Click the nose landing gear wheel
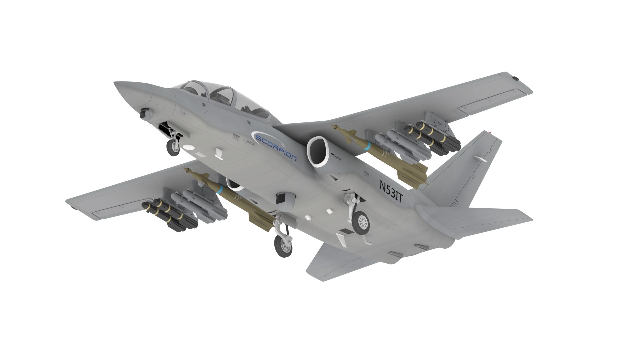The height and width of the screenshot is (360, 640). click(x=173, y=148)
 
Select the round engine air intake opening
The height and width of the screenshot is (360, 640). click(x=319, y=151)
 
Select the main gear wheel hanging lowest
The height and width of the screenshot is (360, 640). click(x=283, y=246)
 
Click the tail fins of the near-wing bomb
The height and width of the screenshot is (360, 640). click(x=260, y=221)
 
